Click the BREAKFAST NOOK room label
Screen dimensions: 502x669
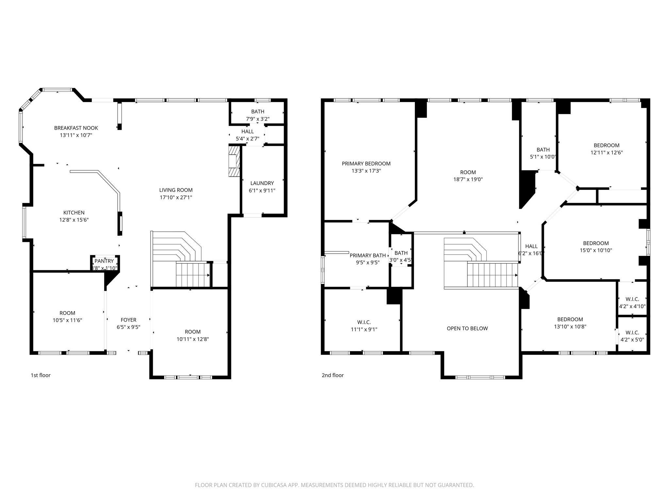(x=76, y=128)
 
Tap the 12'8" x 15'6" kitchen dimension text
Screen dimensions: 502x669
(x=74, y=220)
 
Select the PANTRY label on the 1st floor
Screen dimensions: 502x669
(x=104, y=261)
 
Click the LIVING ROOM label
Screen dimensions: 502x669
(x=176, y=190)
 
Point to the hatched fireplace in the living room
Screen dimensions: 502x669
(x=234, y=161)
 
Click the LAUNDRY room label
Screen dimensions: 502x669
(x=262, y=183)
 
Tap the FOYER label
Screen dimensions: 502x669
(x=128, y=320)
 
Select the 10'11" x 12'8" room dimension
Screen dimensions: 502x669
(x=192, y=339)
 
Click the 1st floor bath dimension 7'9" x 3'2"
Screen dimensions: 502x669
(x=257, y=119)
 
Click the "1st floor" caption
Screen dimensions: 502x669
(x=41, y=375)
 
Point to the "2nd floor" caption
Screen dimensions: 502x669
(x=333, y=375)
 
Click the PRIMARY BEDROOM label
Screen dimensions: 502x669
(x=366, y=163)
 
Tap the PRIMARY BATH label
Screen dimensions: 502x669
(x=367, y=255)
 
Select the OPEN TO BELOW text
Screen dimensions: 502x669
(x=467, y=328)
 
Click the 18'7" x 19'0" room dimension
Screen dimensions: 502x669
(x=468, y=179)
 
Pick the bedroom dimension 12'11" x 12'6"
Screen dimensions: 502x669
(x=606, y=153)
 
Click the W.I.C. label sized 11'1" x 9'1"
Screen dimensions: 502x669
(x=364, y=322)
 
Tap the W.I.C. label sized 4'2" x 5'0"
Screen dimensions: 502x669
(x=632, y=332)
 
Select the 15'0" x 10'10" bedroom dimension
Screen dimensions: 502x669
(x=596, y=250)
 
